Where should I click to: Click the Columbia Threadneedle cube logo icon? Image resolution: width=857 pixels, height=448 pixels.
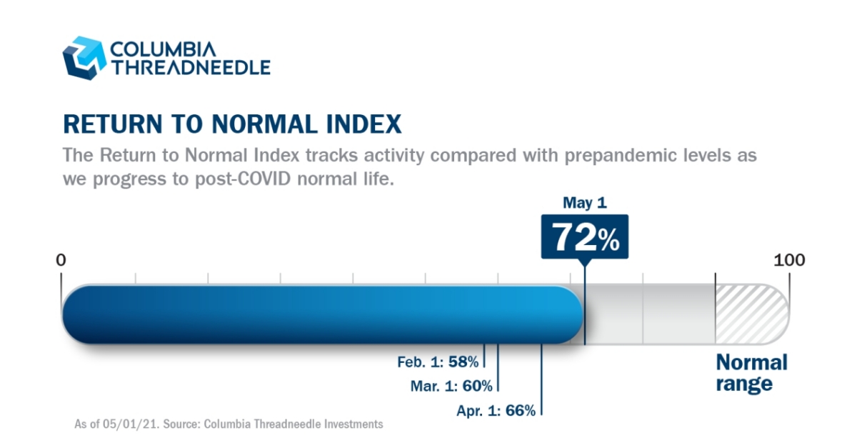[x=84, y=58]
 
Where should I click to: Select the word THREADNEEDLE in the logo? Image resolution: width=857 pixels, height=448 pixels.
[x=190, y=68]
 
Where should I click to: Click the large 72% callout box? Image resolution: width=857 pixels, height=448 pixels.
[x=584, y=237]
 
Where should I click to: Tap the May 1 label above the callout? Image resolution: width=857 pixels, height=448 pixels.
[x=584, y=203]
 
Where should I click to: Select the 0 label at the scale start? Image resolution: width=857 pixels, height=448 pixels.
[x=61, y=259]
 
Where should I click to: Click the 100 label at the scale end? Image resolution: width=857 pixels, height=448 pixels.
[x=789, y=259]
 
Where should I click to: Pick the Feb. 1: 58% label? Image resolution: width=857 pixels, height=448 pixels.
[x=438, y=362]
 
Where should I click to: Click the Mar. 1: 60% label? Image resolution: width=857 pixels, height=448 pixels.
[x=451, y=387]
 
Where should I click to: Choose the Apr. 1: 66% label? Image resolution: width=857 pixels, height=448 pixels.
[x=496, y=411]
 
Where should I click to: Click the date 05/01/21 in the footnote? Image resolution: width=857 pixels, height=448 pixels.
[x=136, y=424]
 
